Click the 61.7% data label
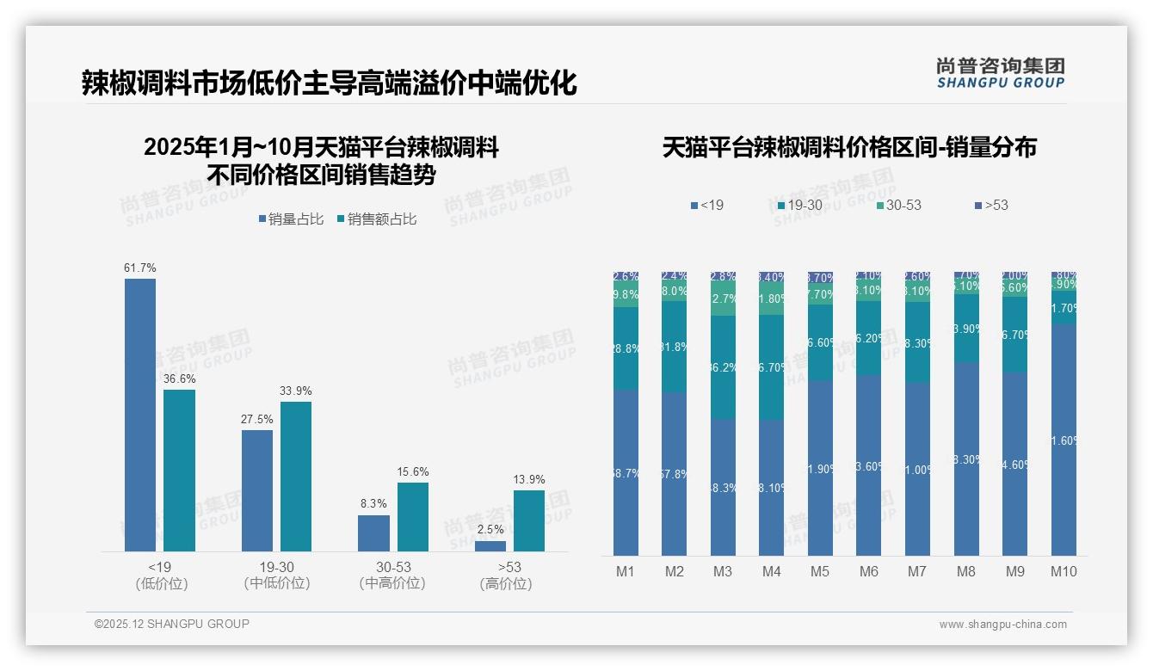click(140, 268)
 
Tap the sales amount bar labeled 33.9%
click(296, 476)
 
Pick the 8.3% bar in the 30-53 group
click(373, 533)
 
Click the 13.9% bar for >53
click(529, 520)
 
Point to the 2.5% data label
click(490, 530)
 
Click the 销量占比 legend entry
click(291, 219)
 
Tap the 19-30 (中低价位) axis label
click(277, 575)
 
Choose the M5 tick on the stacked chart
click(820, 571)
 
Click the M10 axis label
click(1064, 571)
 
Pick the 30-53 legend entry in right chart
click(899, 205)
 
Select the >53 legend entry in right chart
click(991, 205)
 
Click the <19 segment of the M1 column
click(626, 472)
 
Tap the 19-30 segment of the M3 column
click(723, 367)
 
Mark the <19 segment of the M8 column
click(966, 459)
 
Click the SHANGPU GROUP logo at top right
click(1000, 72)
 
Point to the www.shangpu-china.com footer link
click(1002, 625)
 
